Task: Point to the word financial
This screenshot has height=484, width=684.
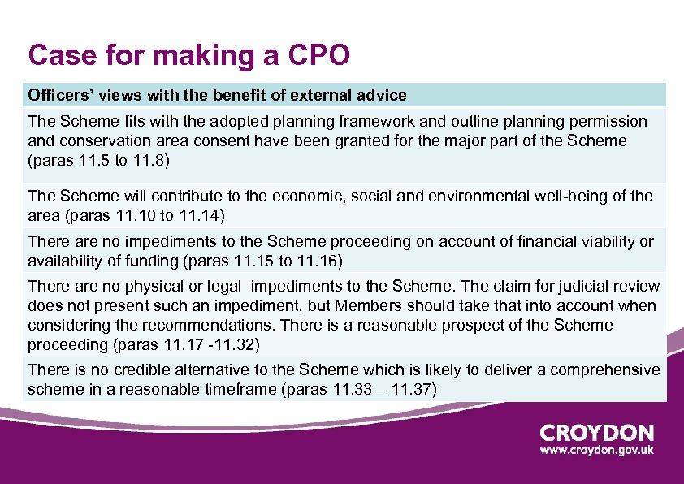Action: click(548, 241)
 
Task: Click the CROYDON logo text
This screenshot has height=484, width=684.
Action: click(596, 434)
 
